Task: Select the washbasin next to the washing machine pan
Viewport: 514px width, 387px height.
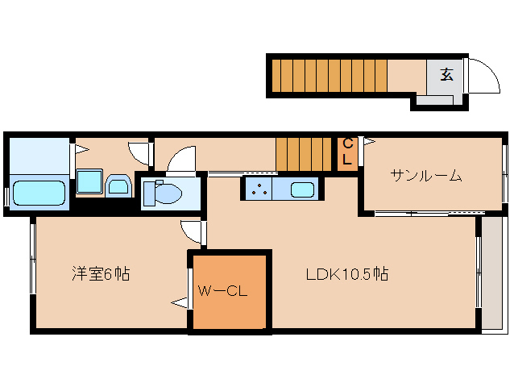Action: click(x=119, y=186)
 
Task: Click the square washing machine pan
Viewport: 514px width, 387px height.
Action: click(x=89, y=182)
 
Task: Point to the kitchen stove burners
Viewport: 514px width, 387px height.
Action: click(x=259, y=190)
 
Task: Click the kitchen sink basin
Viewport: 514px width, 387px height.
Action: click(x=302, y=190)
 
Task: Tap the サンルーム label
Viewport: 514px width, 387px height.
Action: click(x=426, y=175)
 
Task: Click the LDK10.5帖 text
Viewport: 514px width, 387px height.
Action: click(x=346, y=274)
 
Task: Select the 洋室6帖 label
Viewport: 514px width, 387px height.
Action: click(x=100, y=274)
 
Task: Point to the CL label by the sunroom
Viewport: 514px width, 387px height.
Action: click(x=347, y=152)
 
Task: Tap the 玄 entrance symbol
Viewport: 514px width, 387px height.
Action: click(x=446, y=75)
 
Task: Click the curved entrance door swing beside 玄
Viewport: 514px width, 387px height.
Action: click(x=476, y=77)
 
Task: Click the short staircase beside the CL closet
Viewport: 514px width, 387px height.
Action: click(x=304, y=153)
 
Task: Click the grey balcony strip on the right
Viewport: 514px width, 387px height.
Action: click(x=490, y=274)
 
